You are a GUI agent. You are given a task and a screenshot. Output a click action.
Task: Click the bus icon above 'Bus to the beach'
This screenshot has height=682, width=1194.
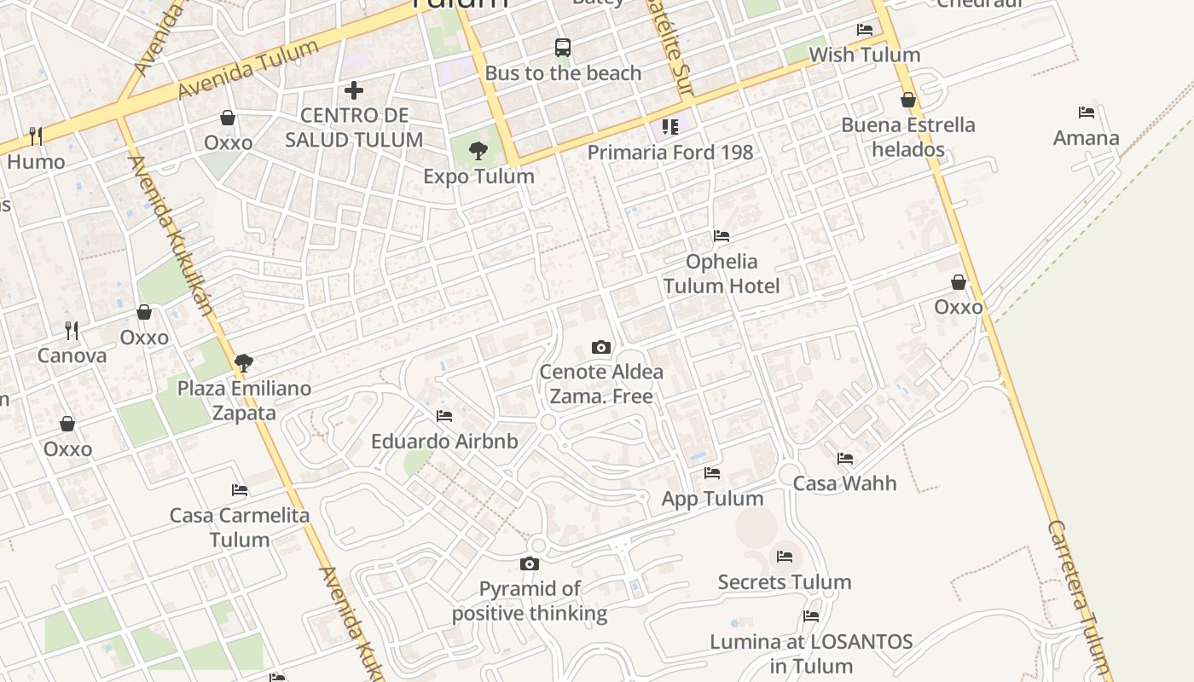[563, 48]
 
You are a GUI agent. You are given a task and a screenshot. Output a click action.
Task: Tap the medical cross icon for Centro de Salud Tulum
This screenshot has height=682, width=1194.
[354, 90]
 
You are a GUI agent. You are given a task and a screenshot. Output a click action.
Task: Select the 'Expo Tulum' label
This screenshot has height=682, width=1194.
[479, 176]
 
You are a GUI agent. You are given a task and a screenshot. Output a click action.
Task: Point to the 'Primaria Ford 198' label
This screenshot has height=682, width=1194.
[670, 153]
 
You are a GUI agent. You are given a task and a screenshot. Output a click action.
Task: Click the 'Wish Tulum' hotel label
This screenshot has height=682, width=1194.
[864, 55]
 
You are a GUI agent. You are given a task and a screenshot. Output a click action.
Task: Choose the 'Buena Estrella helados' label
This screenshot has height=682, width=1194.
[907, 137]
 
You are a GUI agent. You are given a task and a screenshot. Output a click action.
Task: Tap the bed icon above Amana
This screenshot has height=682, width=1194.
[1086, 113]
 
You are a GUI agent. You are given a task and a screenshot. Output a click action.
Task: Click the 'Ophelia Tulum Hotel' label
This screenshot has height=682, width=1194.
[722, 274]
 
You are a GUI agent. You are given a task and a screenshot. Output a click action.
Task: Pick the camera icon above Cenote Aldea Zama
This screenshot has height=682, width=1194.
[601, 348]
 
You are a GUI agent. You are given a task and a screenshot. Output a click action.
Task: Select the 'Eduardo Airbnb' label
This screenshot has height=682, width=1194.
[444, 442]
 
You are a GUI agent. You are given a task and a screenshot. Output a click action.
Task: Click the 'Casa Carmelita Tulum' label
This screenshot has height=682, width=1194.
[240, 527]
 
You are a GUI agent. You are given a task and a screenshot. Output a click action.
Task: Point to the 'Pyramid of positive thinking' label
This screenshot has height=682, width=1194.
[530, 601]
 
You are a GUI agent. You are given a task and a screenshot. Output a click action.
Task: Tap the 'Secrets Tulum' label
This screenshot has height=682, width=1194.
[785, 582]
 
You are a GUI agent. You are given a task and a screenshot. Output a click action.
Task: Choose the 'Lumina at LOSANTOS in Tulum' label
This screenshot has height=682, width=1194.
[811, 653]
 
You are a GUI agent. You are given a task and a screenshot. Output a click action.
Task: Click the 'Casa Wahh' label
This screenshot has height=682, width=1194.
[844, 483]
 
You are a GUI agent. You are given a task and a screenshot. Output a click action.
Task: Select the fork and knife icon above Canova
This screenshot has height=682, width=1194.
[72, 330]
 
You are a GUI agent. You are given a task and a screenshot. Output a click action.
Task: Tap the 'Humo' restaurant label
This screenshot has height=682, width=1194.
[36, 162]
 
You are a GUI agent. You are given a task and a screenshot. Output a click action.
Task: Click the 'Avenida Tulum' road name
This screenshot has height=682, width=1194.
[248, 68]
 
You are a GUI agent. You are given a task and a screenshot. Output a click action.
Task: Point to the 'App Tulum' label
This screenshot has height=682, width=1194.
[712, 499]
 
